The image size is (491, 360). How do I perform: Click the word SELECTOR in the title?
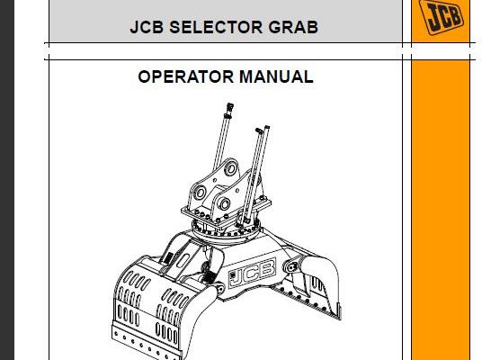pos(216,27)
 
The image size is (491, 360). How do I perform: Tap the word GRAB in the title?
pos(293,27)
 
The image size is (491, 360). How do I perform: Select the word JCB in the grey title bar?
pos(147,27)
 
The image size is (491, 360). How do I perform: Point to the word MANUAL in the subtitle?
pos(276,76)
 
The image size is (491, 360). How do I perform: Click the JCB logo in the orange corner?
pos(442,16)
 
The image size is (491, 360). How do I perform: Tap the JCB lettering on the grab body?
pos(253,273)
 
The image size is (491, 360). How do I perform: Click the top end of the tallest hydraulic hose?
pos(230,106)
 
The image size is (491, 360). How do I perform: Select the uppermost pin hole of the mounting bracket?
pos(231,168)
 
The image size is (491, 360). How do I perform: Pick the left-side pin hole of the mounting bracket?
pos(200,193)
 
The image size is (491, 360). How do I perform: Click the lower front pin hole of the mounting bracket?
pos(224,203)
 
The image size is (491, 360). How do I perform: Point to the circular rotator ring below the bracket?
pos(226,231)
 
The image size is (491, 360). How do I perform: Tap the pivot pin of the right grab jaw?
pos(292,267)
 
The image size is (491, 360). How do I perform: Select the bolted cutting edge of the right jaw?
pos(307,301)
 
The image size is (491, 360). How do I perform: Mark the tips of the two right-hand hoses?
pos(263,129)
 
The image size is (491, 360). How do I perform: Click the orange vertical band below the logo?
pos(441,210)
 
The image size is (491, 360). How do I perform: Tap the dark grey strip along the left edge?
pos(7,180)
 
